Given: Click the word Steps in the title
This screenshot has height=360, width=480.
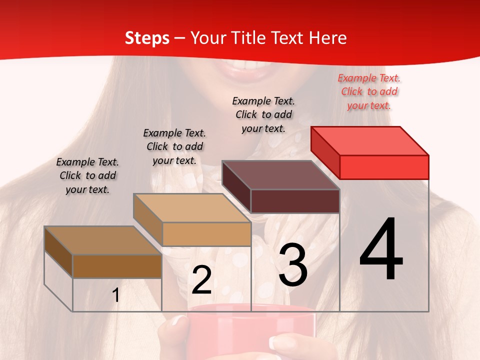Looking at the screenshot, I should (x=147, y=38).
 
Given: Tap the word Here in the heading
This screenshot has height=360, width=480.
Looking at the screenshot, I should (x=327, y=38).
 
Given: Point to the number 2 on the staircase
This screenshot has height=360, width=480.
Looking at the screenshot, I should (x=201, y=280).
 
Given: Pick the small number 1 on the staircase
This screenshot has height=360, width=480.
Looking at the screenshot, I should (x=116, y=295).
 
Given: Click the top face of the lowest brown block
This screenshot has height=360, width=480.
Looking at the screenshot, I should (x=103, y=240).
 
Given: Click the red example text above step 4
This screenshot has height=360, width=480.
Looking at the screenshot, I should (x=369, y=91).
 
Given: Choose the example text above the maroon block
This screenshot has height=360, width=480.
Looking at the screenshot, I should (x=263, y=114).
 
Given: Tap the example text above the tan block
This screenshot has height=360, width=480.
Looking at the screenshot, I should (x=174, y=146).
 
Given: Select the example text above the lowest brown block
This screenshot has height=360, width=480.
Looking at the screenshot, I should (x=87, y=175).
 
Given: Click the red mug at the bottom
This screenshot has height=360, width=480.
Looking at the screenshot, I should (x=250, y=330).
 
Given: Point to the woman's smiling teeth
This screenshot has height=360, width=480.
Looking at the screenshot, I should (x=250, y=65).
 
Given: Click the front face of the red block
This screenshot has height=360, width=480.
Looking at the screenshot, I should (x=384, y=167).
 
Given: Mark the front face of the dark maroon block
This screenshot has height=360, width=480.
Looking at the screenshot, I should (x=295, y=201).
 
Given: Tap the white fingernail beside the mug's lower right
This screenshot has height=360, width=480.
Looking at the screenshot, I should (x=276, y=343).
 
